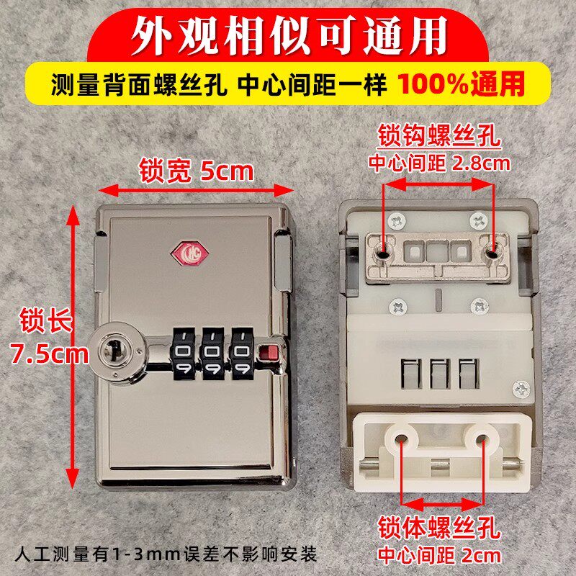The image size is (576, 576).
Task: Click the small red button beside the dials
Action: (x=270, y=352)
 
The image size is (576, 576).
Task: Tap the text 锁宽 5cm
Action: (x=197, y=171)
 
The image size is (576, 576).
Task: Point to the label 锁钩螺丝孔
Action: (x=439, y=135)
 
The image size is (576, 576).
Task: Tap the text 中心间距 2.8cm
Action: (x=439, y=163)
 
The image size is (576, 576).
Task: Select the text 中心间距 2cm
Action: (x=439, y=555)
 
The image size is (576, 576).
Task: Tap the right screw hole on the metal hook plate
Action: (x=493, y=253)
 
